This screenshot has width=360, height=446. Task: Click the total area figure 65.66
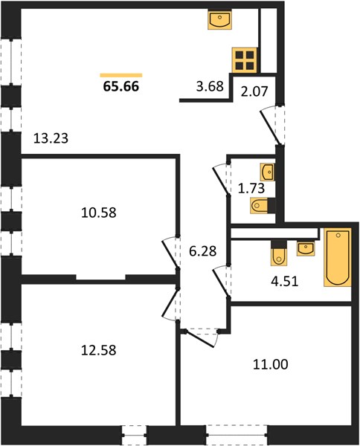point(121,86)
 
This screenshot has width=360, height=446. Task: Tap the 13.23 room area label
point(51,138)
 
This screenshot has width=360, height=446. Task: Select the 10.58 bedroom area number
point(99,213)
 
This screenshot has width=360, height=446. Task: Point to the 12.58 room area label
point(99,350)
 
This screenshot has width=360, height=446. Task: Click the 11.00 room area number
point(270,364)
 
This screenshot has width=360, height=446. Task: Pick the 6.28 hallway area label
point(203,251)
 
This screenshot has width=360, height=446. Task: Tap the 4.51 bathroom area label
point(285,281)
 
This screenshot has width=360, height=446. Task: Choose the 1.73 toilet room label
point(251,188)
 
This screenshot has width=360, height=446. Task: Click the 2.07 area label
point(254,91)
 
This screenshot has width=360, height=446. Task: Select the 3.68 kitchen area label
point(210,86)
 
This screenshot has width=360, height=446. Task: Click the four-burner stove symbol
point(245,60)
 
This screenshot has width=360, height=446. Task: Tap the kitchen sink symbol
point(219,19)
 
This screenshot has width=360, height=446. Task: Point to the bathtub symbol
point(338,257)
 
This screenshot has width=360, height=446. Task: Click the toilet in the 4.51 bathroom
point(279,253)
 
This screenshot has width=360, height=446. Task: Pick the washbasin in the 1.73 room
point(268,172)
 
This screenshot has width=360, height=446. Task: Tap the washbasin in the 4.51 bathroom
point(306,249)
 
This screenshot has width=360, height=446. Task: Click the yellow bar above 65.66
point(121,75)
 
